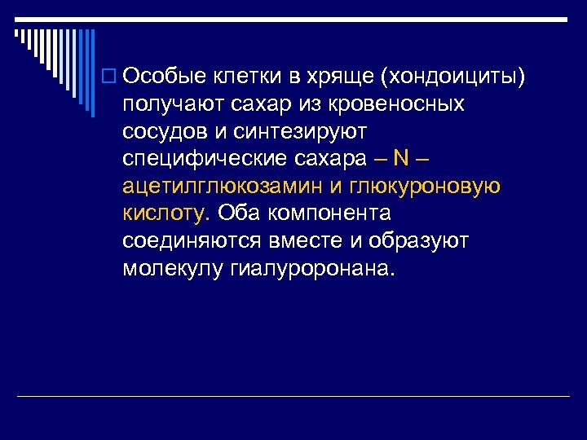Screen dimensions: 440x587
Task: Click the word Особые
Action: [x=166, y=77]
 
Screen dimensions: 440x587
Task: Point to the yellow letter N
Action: [x=401, y=159]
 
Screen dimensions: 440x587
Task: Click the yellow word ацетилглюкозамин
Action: [x=223, y=187]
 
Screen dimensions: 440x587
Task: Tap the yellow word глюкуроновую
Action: [x=426, y=187]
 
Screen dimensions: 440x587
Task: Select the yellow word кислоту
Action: [x=166, y=213]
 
